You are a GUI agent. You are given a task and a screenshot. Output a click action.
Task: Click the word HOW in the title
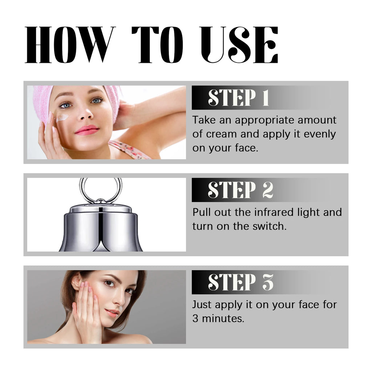pos(68,45)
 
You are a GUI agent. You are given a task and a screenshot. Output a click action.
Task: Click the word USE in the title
pos(239,45)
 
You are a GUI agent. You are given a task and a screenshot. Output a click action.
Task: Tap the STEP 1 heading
pos(238,97)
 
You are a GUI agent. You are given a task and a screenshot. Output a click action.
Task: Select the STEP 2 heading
pos(240,190)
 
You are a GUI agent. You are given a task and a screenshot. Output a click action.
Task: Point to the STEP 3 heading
pos(240,282)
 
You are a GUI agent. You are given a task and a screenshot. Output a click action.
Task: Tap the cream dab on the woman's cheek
pos(62,117)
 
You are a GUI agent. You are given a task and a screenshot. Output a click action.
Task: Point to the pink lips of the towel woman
pos(87,130)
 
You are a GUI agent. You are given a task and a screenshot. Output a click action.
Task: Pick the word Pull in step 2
pos(201,212)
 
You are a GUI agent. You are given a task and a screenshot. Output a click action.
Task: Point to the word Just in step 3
pos(201,304)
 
